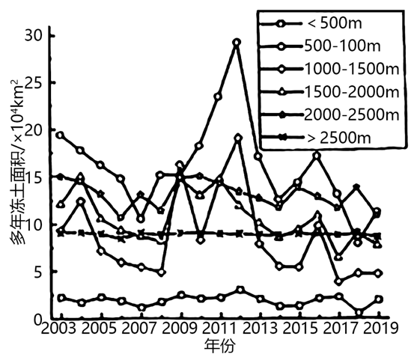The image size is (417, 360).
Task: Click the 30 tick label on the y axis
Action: [34, 36]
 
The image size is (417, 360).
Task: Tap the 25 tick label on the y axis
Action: [34, 83]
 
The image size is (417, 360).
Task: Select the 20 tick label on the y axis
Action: [34, 130]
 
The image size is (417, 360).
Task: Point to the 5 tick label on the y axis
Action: [38, 272]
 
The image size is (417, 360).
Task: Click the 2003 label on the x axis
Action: [58, 328]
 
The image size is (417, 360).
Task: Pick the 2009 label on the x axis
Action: [180, 328]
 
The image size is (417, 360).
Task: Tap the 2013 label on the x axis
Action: [260, 328]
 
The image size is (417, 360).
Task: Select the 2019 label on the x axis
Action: [381, 328]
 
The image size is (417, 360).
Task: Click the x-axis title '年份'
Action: [220, 346]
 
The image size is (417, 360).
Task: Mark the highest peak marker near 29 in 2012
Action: [237, 42]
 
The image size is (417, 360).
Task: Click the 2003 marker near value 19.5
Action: [61, 135]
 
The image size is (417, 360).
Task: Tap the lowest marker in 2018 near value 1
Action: [359, 312]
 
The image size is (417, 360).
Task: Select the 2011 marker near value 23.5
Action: [218, 97]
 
